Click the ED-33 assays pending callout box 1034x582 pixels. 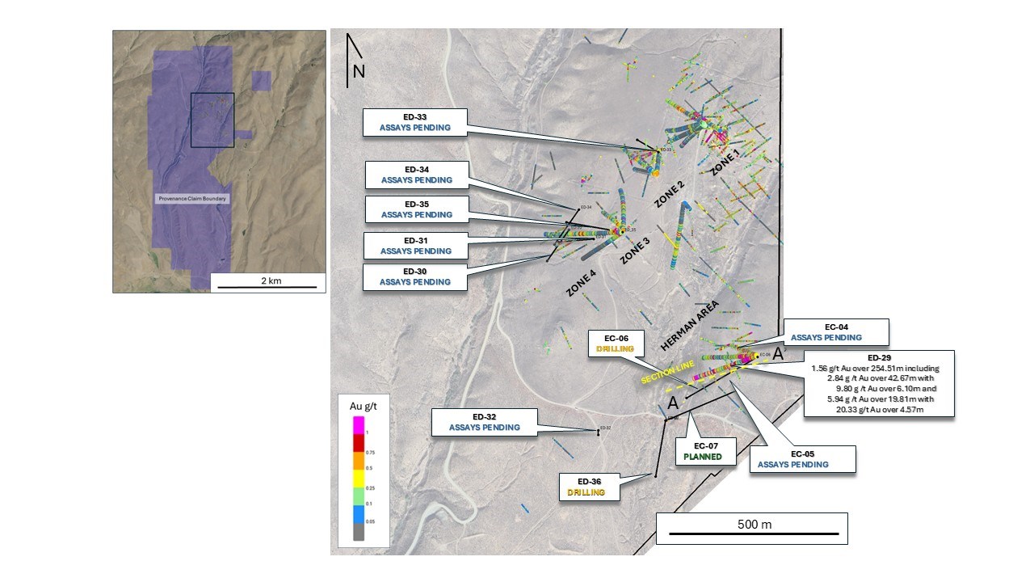[x=415, y=122]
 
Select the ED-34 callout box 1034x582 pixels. [x=416, y=175]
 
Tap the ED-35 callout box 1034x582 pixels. [x=416, y=209]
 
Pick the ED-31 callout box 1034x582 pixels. [x=416, y=246]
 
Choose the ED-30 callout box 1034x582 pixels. [x=416, y=276]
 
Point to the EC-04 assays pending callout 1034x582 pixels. [x=836, y=331]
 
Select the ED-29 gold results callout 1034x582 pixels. [x=879, y=383]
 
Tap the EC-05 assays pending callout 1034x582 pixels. [x=802, y=459]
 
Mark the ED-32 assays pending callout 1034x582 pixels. [x=484, y=422]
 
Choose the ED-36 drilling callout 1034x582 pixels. [x=589, y=487]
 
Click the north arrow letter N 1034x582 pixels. [x=359, y=71]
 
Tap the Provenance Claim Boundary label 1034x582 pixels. [x=192, y=199]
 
